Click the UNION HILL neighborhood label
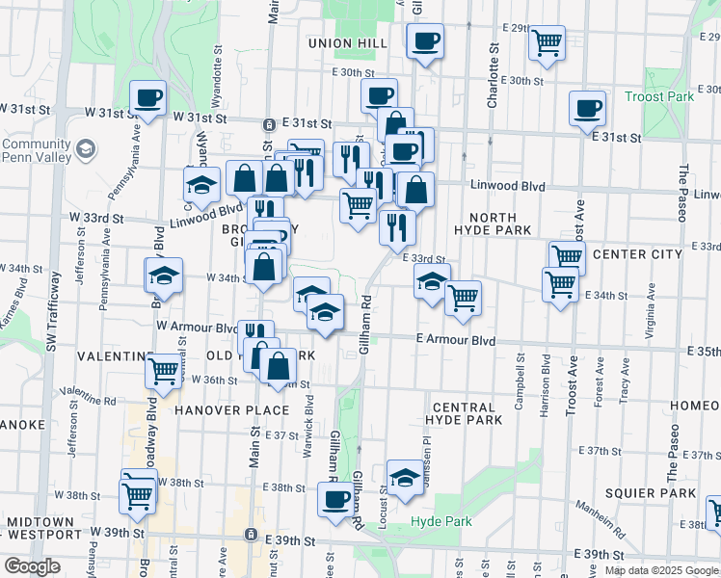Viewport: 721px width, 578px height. point(348,43)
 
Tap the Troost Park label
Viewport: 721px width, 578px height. point(660,96)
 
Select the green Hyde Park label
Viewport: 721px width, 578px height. point(441,521)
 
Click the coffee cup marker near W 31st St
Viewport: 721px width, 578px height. point(147,98)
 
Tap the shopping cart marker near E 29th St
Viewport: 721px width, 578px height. point(547,42)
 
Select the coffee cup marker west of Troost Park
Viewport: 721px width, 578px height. point(586,109)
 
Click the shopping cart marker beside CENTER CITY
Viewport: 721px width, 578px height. point(567,257)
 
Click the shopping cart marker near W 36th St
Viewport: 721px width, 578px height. point(164,369)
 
